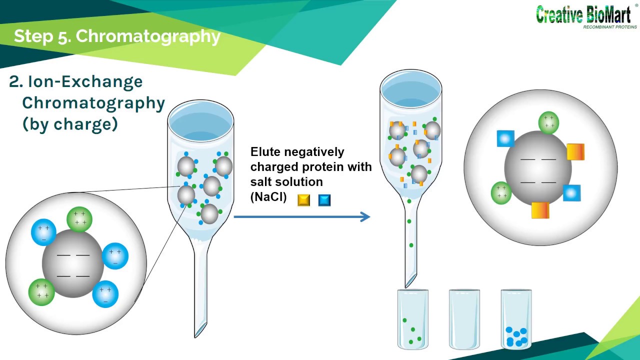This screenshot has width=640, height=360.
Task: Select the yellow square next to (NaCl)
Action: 303,200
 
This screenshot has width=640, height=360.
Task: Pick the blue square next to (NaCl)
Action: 324,200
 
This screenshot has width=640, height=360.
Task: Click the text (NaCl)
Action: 268,197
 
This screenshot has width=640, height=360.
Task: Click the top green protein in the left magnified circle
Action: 79,219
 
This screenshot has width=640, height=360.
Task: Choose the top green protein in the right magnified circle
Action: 548,122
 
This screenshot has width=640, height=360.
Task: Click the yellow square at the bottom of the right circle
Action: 540,210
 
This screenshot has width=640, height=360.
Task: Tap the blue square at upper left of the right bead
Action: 505,138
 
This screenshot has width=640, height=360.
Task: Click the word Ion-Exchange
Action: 85,81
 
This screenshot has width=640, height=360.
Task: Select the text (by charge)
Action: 70,123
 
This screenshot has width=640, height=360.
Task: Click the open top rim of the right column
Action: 411,83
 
